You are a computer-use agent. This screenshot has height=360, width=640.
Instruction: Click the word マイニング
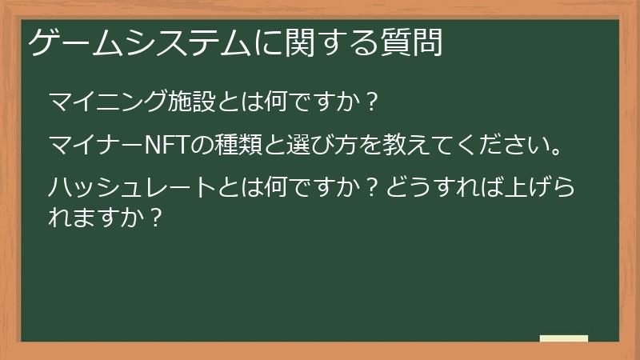click(98, 102)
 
